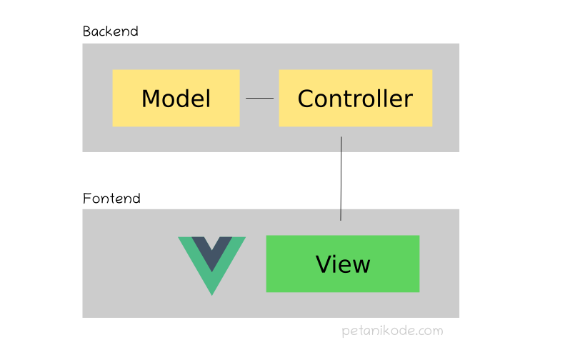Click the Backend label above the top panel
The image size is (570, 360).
point(110,31)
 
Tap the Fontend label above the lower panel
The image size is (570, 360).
point(111,198)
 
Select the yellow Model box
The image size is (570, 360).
point(176,98)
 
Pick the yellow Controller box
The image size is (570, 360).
point(355,98)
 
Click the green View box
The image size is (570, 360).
point(342,264)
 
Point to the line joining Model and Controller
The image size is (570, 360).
point(259,98)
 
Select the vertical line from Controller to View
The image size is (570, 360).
point(341,179)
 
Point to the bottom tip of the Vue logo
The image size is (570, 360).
point(211,293)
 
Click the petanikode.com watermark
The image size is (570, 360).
point(391,331)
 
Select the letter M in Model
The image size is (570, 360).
point(151,99)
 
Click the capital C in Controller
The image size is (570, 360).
point(306,99)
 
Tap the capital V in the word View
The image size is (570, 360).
point(324,264)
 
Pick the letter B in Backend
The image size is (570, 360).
point(87,31)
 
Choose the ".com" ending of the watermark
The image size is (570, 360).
point(429,331)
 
